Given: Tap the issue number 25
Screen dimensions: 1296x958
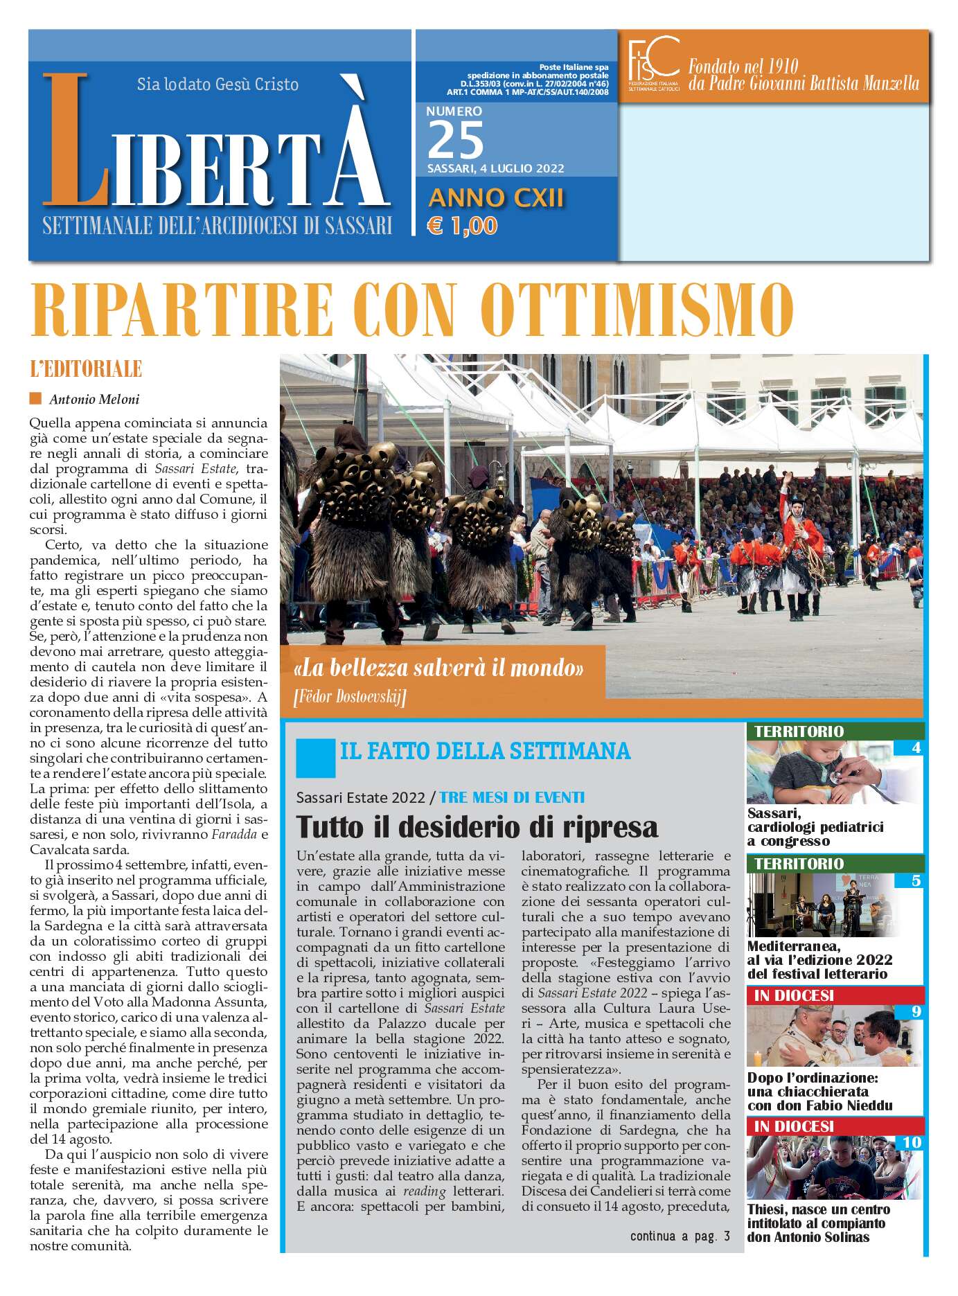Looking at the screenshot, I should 455,141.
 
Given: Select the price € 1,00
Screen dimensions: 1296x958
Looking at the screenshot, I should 462,226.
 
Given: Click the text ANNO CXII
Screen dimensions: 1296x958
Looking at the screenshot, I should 496,198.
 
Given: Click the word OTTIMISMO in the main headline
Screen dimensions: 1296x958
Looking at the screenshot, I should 636,310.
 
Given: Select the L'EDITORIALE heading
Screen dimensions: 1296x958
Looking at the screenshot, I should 86,369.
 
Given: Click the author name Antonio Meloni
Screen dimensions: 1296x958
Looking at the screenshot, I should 94,400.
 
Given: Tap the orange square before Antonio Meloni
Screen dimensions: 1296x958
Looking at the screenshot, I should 35,398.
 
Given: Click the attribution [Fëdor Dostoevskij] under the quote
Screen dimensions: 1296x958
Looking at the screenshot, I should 350,696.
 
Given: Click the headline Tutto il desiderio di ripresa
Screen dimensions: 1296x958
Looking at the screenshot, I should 477,827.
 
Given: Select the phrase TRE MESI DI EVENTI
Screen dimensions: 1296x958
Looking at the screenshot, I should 512,797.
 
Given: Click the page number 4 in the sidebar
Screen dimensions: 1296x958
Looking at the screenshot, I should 916,748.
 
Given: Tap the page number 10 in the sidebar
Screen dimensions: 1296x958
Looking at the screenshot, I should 912,1142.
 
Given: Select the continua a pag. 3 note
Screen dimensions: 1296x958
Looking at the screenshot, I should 680,1236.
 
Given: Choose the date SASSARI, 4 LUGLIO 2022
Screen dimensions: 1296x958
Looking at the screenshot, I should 495,168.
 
